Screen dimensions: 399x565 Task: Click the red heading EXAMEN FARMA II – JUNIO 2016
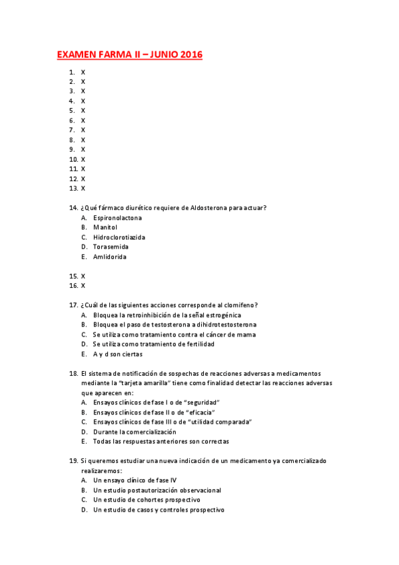click(x=129, y=55)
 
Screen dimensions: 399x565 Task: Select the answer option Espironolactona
click(x=117, y=218)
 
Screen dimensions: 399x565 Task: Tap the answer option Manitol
click(x=105, y=227)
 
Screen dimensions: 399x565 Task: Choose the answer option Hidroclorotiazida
click(x=119, y=237)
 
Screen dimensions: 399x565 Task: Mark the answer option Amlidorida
click(x=110, y=257)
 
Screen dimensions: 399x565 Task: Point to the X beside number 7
click(x=83, y=130)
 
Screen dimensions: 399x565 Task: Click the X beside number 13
click(x=83, y=189)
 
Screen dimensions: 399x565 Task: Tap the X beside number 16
click(x=83, y=286)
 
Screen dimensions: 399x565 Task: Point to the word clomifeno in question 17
click(x=240, y=305)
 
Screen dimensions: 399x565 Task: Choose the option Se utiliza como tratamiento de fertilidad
click(x=154, y=344)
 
